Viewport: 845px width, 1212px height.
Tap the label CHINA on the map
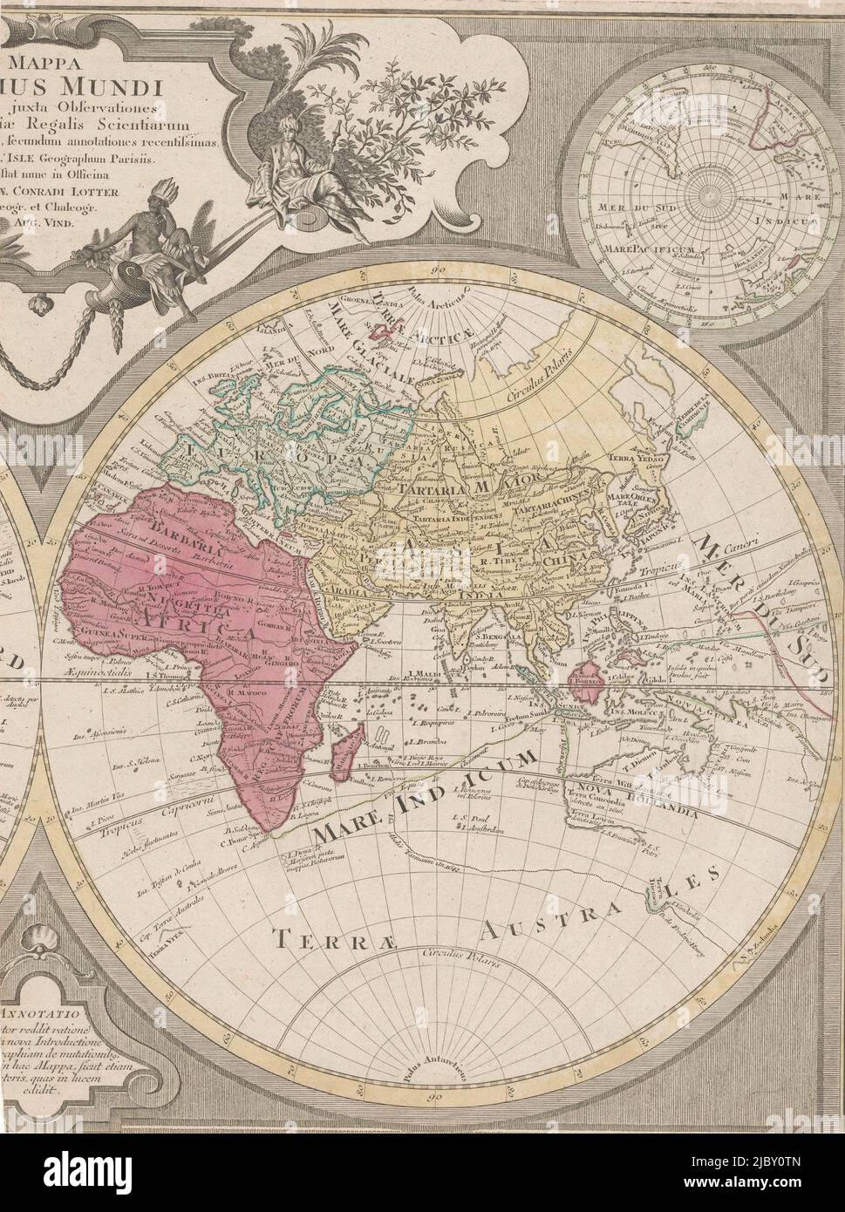coord(567,562)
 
